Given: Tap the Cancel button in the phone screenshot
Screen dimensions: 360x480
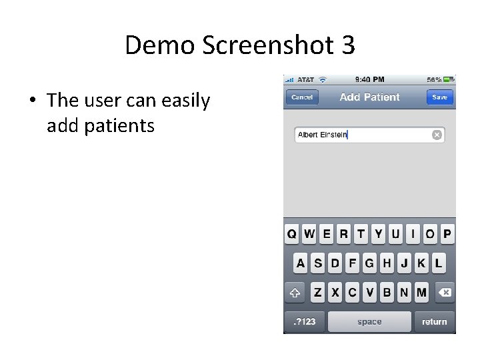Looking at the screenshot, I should (x=302, y=97).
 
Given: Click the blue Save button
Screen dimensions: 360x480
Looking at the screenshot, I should (x=439, y=97).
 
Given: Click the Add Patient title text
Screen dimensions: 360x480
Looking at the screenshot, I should (x=369, y=97).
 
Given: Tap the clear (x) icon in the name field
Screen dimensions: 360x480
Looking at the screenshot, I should (x=437, y=135).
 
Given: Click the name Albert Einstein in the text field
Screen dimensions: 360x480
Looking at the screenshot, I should (x=323, y=135).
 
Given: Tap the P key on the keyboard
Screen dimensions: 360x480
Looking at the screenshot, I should (x=447, y=234).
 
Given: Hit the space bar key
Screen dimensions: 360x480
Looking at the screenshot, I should (x=369, y=322).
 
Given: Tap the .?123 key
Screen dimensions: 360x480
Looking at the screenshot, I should (x=304, y=322).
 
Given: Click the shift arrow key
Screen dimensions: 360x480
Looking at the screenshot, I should (x=295, y=292).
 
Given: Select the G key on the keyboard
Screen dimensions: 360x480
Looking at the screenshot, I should (x=369, y=263).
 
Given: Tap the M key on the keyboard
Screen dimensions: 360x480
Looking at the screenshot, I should (x=421, y=292).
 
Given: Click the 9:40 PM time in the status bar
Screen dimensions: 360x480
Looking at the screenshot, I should (x=369, y=79).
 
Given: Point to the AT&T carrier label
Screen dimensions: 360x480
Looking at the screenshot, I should (x=306, y=79).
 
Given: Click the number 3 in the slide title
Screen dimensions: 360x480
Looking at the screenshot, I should (x=347, y=45).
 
